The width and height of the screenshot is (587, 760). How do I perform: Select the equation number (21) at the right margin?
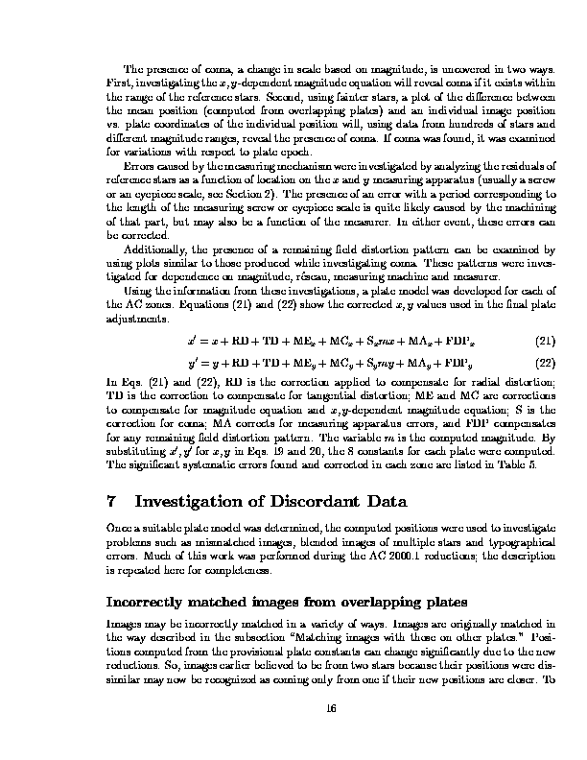click(544, 341)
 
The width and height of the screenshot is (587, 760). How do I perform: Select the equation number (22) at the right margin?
click(544, 363)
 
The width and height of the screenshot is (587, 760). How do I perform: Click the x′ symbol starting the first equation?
click(193, 341)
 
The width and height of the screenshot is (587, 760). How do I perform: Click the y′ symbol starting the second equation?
click(193, 363)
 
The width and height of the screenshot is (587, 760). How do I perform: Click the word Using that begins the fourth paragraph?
click(139, 290)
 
